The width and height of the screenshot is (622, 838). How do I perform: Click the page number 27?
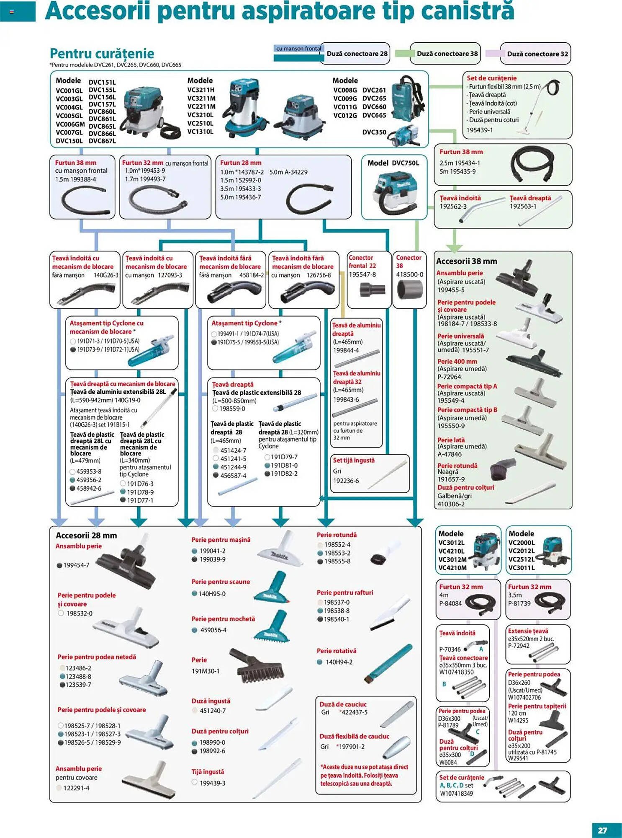(x=602, y=830)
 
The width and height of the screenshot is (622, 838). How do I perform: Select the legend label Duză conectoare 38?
(x=447, y=54)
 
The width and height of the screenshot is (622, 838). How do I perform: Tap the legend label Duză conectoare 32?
(x=537, y=54)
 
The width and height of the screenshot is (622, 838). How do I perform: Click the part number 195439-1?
(x=480, y=130)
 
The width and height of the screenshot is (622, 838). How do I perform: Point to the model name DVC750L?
(x=405, y=163)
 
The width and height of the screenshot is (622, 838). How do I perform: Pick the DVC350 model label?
(x=374, y=132)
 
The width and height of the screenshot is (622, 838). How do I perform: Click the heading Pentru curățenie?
(x=102, y=54)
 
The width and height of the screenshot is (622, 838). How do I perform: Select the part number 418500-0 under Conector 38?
(x=409, y=274)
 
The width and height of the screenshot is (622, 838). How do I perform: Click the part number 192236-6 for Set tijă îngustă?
(x=346, y=481)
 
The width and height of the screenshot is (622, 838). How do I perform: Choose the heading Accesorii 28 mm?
(x=86, y=535)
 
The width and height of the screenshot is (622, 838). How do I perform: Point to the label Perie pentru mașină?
(x=221, y=540)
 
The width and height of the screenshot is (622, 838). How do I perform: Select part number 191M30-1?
(x=206, y=671)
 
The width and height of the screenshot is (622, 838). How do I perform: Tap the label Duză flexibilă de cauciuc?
(x=354, y=736)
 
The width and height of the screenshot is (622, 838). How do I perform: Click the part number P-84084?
(x=450, y=603)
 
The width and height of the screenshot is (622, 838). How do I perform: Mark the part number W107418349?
(x=456, y=793)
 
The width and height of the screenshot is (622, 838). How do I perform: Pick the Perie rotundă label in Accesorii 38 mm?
(x=457, y=466)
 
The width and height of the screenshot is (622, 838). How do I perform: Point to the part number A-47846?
(x=450, y=454)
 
